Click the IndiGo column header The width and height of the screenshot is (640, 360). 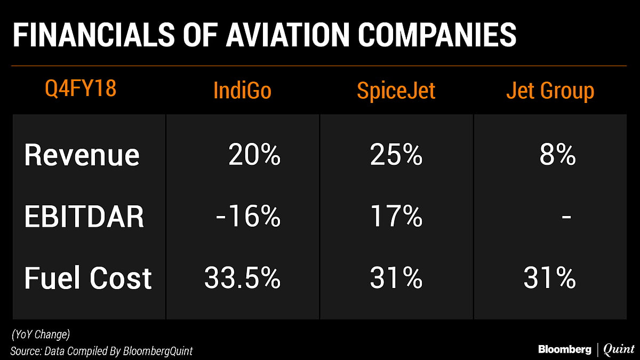pos(242,91)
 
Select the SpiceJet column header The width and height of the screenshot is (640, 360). pos(396,91)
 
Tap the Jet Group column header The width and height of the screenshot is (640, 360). pos(550,91)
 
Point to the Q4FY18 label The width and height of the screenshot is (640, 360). pos(81,89)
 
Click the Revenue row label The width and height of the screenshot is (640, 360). pos(82,155)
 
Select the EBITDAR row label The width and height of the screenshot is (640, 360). pos(84,217)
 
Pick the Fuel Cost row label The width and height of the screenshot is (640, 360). pos(88,278)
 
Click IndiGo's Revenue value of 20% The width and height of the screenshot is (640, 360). pos(254,155)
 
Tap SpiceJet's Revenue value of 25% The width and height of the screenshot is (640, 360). pos(396,155)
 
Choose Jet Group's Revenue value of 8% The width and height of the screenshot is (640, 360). pos(557,155)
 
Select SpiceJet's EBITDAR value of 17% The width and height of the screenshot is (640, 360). pos(396,217)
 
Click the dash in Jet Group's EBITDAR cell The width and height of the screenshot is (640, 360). pos(566,218)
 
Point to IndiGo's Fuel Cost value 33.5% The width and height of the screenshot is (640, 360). pos(242,278)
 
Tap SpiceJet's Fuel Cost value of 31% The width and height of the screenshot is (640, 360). pos(396,278)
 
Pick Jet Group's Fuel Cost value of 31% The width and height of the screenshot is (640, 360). pos(550,278)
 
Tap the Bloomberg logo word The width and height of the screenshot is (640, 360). pos(564,349)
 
